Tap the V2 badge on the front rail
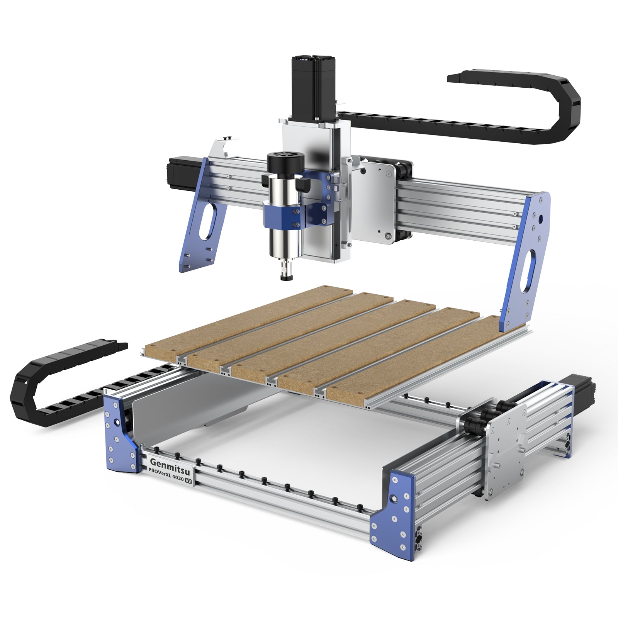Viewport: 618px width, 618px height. (x=189, y=481)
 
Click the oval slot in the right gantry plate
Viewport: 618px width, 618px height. (x=529, y=271)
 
